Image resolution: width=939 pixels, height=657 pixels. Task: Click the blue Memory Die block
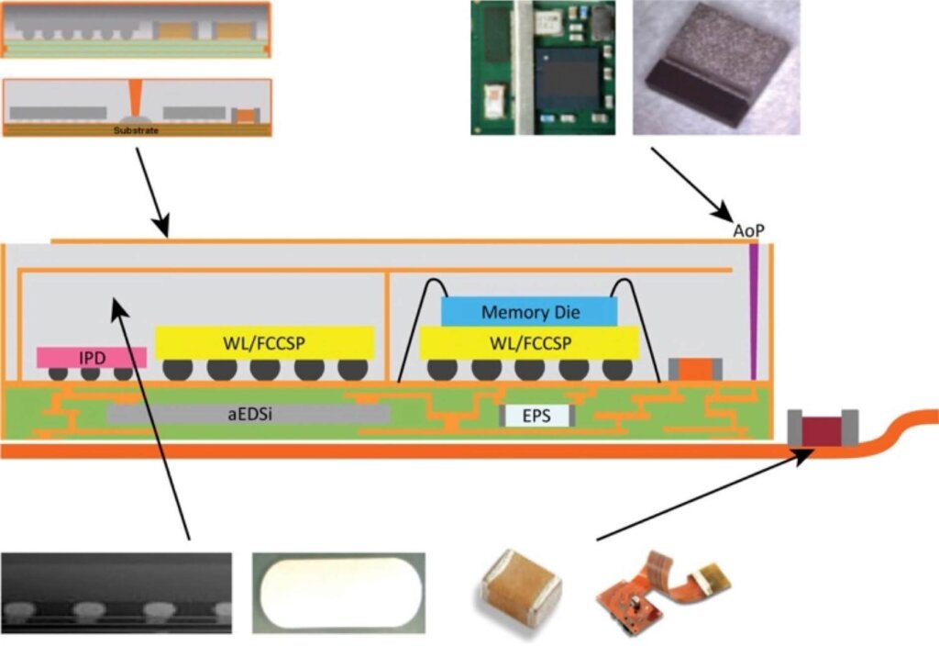click(x=529, y=312)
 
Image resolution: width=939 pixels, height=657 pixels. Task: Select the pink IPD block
click(x=91, y=356)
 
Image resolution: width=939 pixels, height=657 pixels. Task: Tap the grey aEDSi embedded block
click(x=248, y=414)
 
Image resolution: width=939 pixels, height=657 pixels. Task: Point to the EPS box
click(x=537, y=415)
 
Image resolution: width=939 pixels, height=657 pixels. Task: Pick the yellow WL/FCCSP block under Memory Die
click(x=528, y=344)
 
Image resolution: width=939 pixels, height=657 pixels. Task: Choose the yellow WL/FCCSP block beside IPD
click(x=264, y=343)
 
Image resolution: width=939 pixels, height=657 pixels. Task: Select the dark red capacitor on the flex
click(x=822, y=428)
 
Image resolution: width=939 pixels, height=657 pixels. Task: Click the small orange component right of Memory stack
click(x=695, y=368)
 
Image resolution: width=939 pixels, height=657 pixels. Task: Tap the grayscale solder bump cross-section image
click(x=116, y=594)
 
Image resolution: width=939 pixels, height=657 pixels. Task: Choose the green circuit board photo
click(x=545, y=67)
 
